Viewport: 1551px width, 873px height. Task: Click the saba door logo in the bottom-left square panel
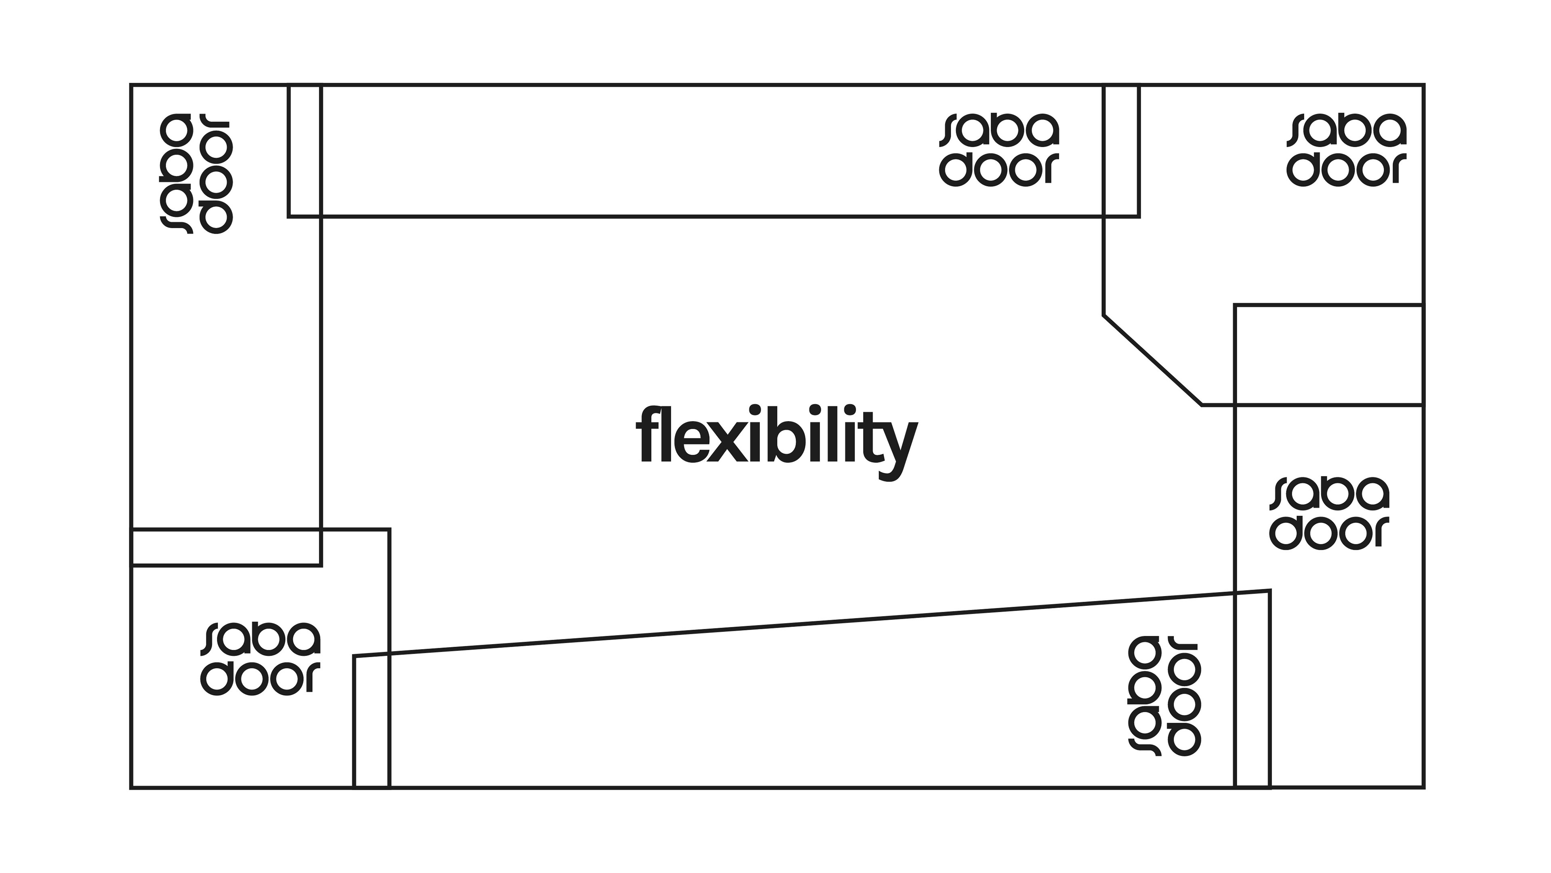pyautogui.click(x=260, y=659)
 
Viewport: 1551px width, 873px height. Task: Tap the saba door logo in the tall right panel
pyautogui.click(x=1329, y=513)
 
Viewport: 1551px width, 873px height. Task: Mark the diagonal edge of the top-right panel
pyautogui.click(x=1152, y=360)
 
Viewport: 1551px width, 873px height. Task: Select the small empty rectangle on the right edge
pyautogui.click(x=1328, y=354)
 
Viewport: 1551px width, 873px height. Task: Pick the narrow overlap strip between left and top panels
pyautogui.click(x=305, y=151)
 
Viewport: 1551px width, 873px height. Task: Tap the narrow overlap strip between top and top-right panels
pyautogui.click(x=1121, y=151)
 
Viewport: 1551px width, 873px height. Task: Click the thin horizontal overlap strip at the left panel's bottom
pyautogui.click(x=226, y=548)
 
